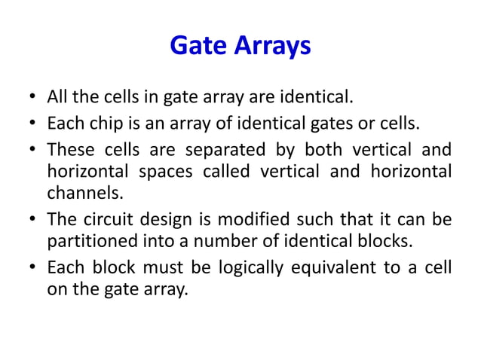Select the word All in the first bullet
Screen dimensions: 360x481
coord(57,98)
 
